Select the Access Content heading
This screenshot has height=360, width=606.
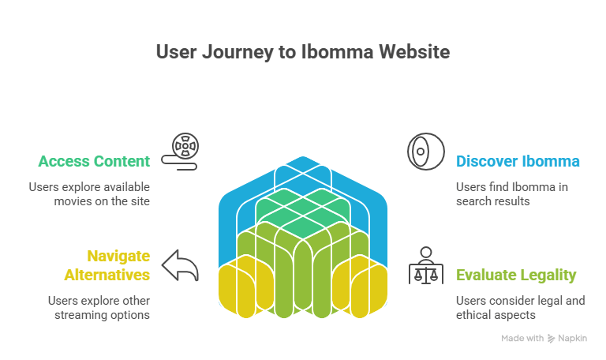94,162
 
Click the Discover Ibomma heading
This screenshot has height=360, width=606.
518,162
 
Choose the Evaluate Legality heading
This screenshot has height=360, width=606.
516,275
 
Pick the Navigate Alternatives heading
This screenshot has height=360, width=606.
107,265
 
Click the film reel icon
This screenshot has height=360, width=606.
183,150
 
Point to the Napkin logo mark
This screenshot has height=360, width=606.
552,339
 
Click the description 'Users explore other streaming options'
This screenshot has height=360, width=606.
99,308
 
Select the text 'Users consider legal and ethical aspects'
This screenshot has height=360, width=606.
521,308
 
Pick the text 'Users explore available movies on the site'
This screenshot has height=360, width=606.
89,194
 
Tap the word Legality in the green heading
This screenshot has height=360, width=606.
548,275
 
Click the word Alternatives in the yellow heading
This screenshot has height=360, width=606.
107,275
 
